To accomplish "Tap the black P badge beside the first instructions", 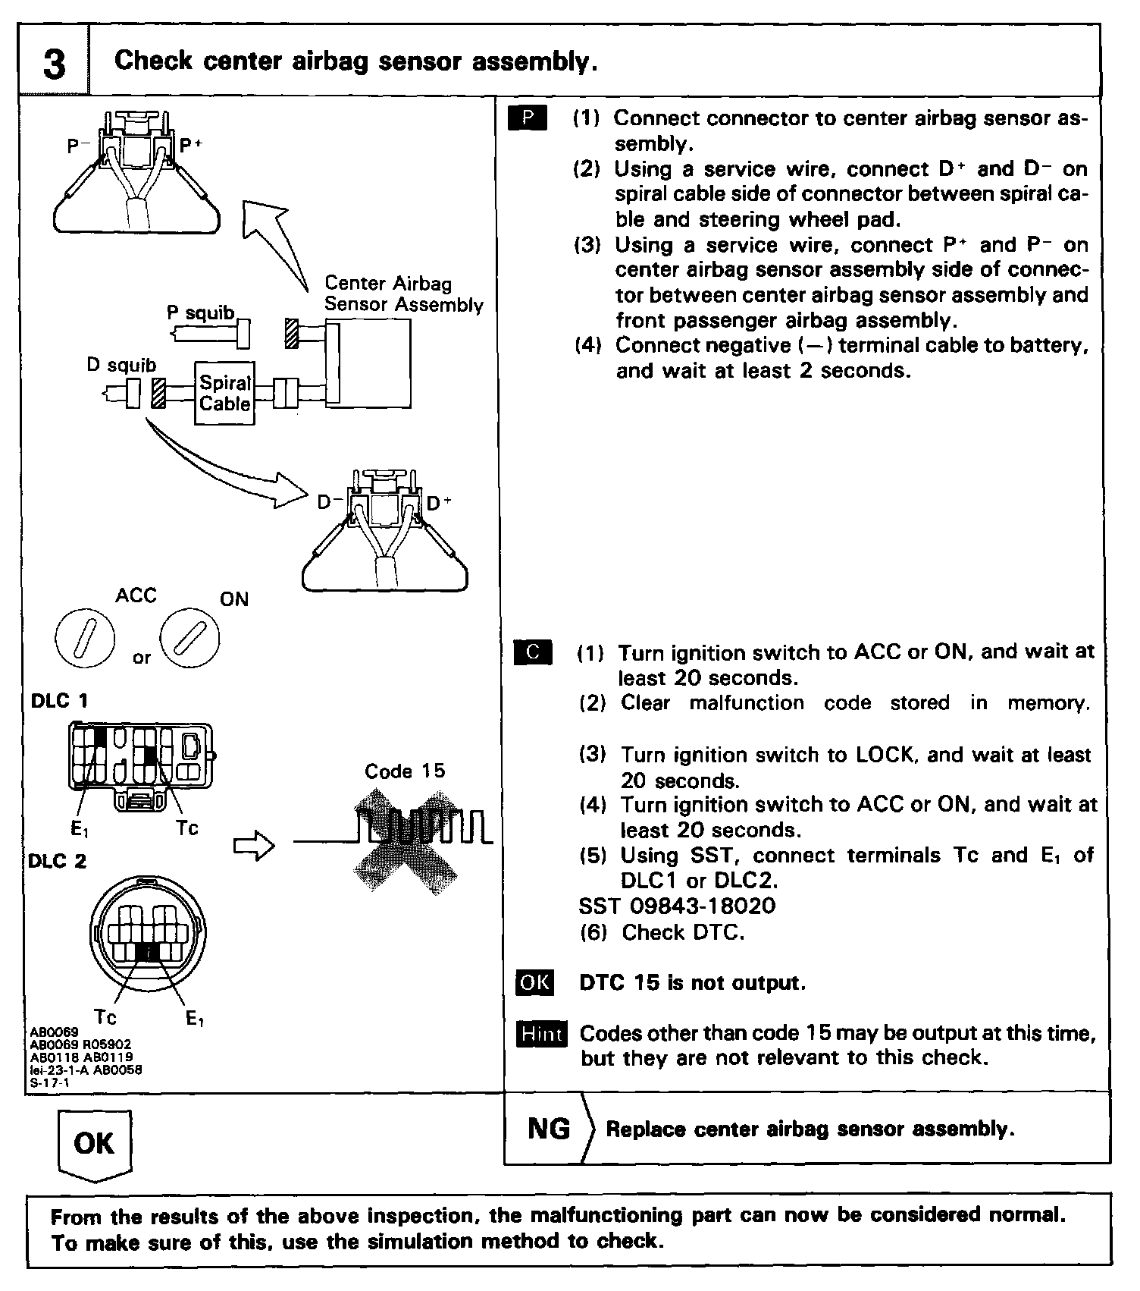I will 528,118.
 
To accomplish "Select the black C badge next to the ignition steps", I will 533,652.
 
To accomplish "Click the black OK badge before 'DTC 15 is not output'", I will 534,982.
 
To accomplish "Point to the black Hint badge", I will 541,1034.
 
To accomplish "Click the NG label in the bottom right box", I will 549,1129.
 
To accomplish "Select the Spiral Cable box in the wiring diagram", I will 224,393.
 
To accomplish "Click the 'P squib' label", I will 200,313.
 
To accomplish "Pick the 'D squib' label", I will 121,365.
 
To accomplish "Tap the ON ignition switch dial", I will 189,637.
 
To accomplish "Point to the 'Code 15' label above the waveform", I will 405,771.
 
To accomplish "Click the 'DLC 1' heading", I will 59,700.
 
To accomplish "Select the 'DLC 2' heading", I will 58,861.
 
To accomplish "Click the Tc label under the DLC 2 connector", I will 105,1015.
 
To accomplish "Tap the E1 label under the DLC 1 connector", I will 80,830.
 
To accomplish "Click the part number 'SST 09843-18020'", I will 677,906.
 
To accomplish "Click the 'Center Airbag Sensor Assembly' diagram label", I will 403,294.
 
